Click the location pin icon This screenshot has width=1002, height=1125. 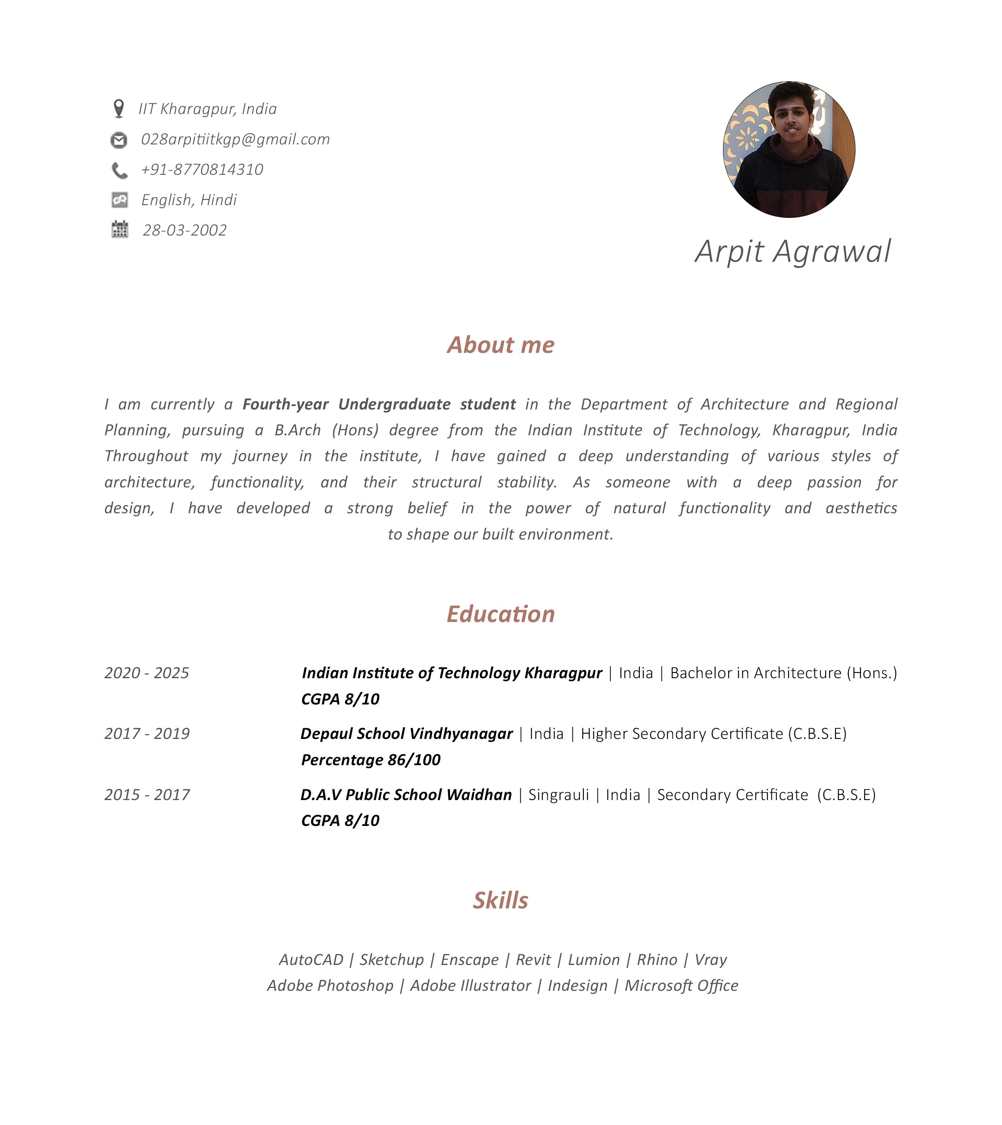click(118, 108)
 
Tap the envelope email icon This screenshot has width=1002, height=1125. click(119, 140)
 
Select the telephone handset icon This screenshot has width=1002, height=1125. click(119, 170)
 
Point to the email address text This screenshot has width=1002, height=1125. click(235, 139)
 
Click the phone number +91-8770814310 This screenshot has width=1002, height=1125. click(202, 169)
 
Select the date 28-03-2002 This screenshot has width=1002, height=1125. click(184, 230)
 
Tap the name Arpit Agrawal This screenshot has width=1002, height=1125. click(792, 252)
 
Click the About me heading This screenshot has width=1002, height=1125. click(501, 345)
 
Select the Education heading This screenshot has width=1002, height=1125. click(501, 614)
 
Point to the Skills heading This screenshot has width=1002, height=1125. click(501, 901)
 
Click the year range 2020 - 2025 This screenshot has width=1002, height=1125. click(146, 672)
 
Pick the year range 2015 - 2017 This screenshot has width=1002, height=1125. click(147, 794)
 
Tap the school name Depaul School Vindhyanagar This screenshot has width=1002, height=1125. click(406, 733)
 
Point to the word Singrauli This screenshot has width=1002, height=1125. click(558, 794)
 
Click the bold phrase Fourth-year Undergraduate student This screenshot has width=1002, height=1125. click(379, 404)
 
